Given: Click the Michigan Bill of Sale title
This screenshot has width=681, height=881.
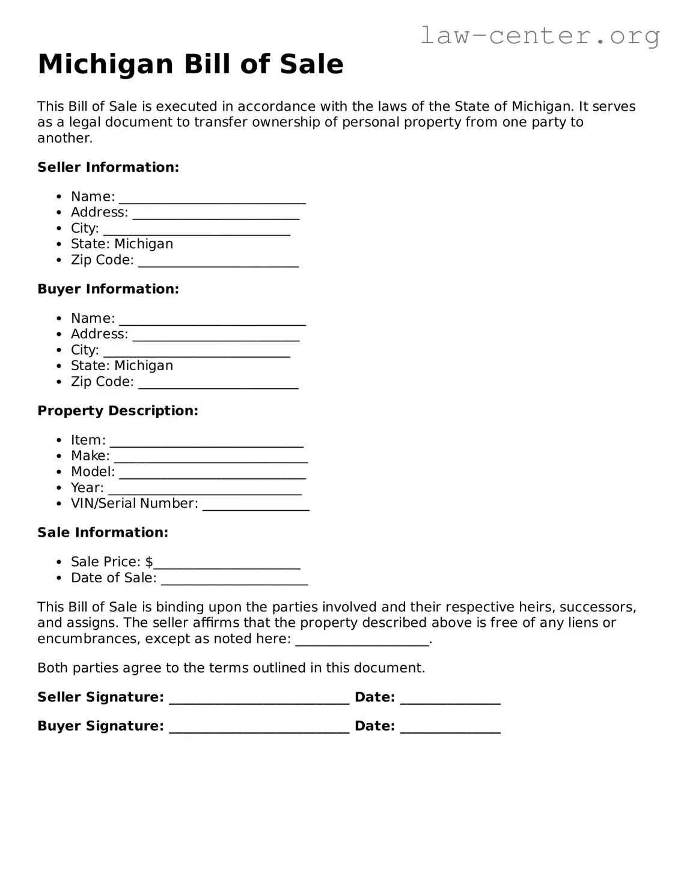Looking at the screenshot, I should [191, 64].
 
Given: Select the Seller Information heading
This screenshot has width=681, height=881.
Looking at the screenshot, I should [108, 167].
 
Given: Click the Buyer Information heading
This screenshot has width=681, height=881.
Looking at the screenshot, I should [108, 289].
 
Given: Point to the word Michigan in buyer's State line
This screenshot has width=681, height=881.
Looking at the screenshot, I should [144, 365].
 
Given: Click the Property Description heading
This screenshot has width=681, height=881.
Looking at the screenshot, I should [118, 410].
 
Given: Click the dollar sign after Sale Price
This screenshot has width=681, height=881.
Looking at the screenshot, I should [149, 562].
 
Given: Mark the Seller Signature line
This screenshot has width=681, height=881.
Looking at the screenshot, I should [259, 699].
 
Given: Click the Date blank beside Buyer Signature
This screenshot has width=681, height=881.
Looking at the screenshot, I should [450, 728].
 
